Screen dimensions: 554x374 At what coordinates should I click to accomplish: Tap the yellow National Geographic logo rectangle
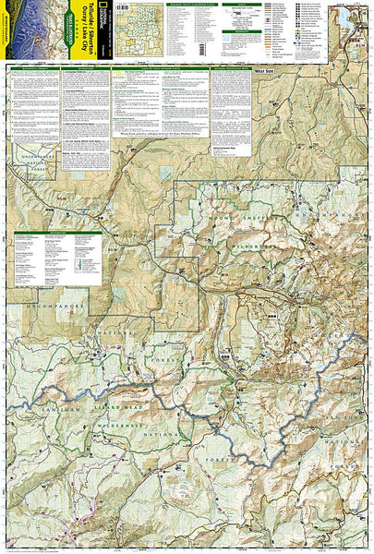click(x=103, y=21)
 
